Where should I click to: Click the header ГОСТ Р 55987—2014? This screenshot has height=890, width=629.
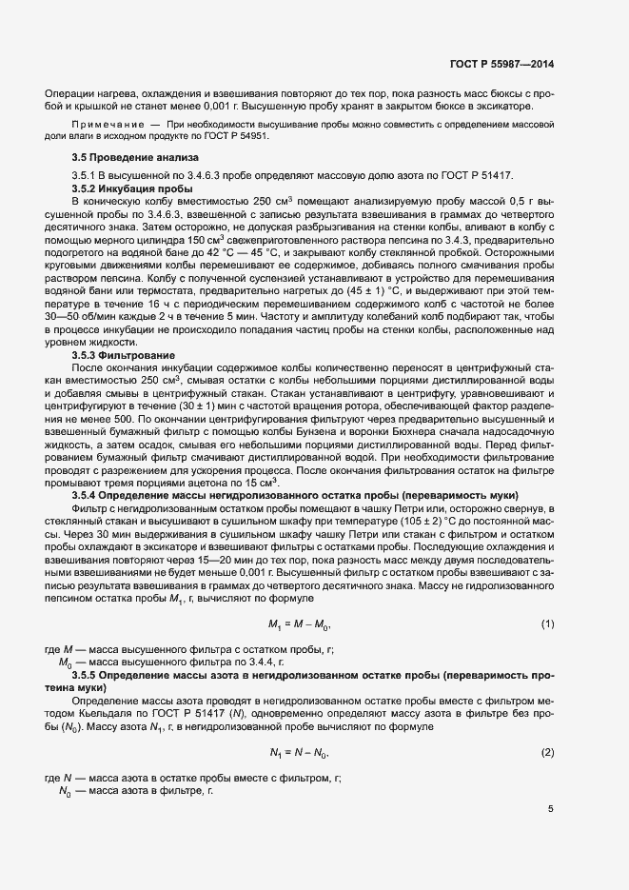pos(501,65)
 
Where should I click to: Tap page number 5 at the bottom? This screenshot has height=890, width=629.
pos(551,809)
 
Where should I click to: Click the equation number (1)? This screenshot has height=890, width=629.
pos(547,623)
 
